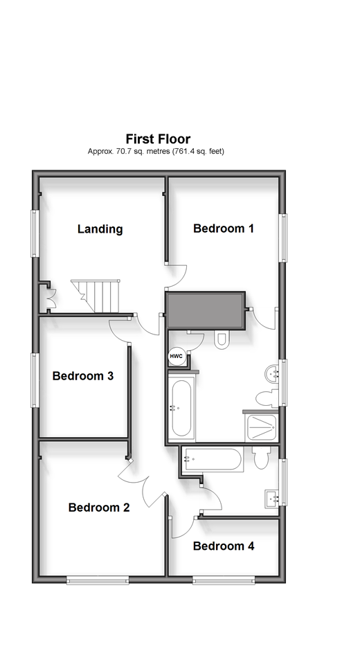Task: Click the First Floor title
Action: tap(158, 139)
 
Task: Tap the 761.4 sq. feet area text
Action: tap(198, 151)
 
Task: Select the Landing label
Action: tap(100, 229)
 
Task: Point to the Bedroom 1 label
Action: tap(224, 228)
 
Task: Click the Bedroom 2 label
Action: tap(99, 507)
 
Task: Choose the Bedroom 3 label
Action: tap(83, 375)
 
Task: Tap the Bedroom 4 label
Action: tap(224, 546)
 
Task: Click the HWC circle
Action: tap(177, 357)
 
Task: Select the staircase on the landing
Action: tap(96, 296)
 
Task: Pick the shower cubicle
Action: tap(261, 427)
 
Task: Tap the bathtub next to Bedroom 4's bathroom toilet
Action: tap(213, 460)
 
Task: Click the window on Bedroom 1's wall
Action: tap(285, 238)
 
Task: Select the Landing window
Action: tap(35, 233)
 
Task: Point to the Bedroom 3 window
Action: tap(35, 380)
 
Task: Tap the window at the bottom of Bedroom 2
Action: tap(98, 581)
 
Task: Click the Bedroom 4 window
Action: tap(224, 581)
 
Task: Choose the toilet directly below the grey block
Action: tap(222, 339)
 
